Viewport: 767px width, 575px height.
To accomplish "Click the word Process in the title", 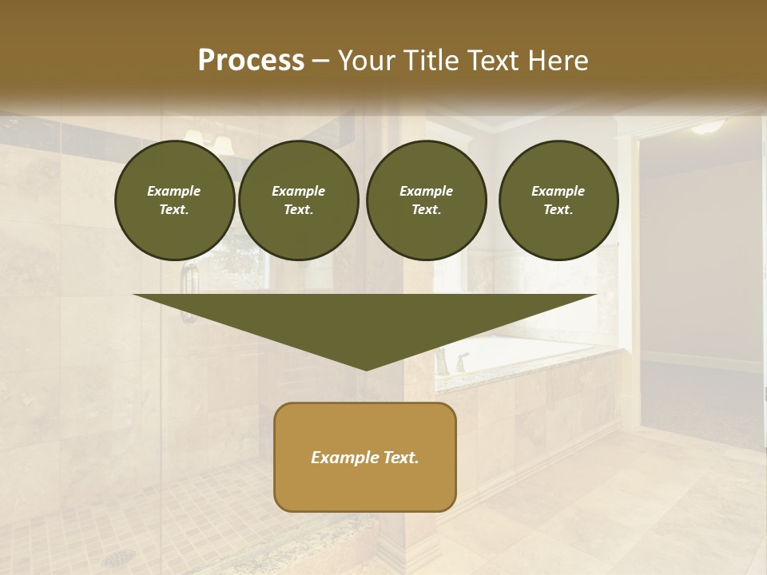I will coord(251,61).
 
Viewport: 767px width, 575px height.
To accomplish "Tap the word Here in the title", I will coord(555,61).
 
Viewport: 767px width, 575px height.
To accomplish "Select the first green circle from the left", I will coord(174,200).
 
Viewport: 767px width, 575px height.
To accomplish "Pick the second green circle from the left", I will coord(298,200).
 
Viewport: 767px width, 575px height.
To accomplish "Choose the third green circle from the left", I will coord(426,200).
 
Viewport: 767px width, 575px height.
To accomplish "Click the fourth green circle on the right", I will coord(558,200).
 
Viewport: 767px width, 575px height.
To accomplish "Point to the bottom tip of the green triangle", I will coord(365,369).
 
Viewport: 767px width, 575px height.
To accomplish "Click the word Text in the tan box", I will coord(399,458).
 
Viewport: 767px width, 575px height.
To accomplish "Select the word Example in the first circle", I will coord(174,191).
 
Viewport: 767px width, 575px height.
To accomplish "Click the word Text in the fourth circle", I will coord(558,210).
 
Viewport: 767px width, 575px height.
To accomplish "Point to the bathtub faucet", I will coord(461,362).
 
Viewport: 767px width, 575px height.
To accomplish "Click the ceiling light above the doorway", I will coord(708,126).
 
